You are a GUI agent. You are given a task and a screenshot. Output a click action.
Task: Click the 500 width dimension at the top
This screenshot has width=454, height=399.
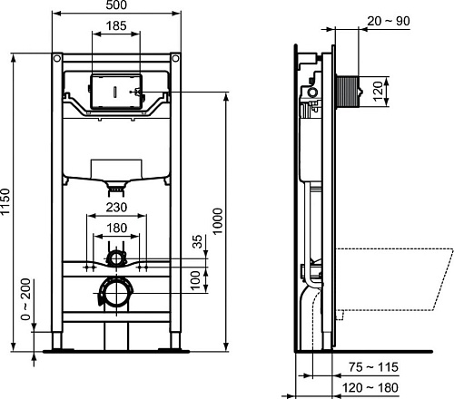coord(117,6)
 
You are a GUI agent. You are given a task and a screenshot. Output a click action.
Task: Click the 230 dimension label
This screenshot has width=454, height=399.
coord(114,208)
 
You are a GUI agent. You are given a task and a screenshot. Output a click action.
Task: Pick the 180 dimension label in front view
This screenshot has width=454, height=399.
coord(114,228)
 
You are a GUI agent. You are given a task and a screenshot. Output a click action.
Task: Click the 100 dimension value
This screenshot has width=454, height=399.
coord(197,276)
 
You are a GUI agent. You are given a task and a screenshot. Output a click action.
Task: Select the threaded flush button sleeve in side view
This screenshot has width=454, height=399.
coord(342,92)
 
